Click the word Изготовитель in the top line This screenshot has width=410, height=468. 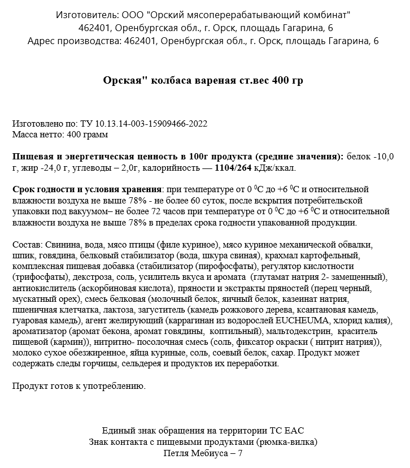pyautogui.click(x=88, y=14)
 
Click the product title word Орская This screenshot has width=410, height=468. pyautogui.click(x=123, y=80)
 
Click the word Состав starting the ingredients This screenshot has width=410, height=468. pyautogui.click(x=26, y=245)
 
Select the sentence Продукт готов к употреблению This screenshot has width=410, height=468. pyautogui.click(x=78, y=387)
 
